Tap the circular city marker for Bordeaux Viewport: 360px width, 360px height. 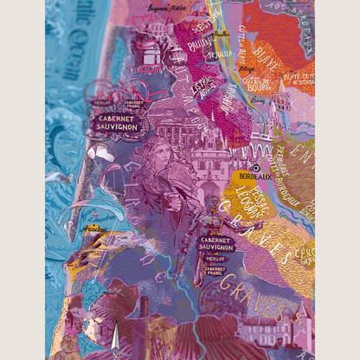[x=254, y=167]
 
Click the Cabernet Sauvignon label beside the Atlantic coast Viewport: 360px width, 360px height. [x=115, y=126]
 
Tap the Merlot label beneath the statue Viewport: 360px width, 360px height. [x=216, y=259]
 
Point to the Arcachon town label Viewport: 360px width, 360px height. [x=96, y=230]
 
